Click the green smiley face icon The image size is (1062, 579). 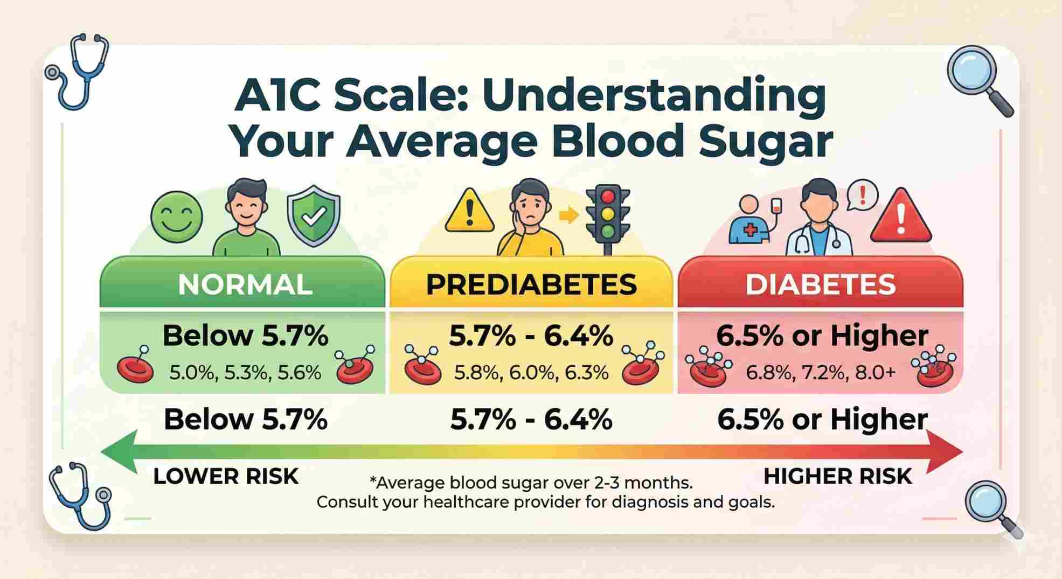177,219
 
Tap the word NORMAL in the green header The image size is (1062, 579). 245,284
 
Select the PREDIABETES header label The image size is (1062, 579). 531,284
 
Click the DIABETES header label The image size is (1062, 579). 820,284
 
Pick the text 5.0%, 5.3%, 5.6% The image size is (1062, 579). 245,372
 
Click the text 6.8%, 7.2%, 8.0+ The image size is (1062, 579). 821,372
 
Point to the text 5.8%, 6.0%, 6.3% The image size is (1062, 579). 531,372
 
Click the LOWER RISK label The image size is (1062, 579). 226,477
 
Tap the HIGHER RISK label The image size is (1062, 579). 838,477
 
